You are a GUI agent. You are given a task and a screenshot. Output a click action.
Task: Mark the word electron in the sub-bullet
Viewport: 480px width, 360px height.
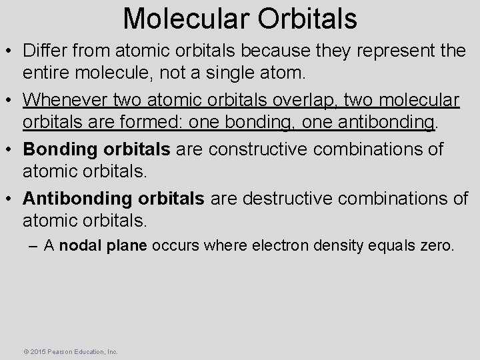click(273, 245)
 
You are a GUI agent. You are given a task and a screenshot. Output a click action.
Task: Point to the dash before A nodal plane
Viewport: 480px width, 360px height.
click(33, 245)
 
